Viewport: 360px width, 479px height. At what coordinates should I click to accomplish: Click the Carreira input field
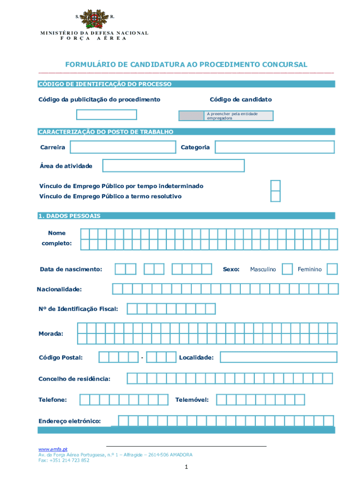pos(122,147)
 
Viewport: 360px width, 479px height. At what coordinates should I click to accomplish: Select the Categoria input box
pos(274,147)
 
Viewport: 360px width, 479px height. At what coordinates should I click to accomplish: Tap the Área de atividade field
pos(173,166)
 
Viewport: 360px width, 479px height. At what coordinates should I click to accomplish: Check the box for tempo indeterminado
pos(276,186)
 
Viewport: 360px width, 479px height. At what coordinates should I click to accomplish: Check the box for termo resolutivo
pos(276,196)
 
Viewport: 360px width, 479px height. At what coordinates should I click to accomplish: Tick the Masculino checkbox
pos(288,269)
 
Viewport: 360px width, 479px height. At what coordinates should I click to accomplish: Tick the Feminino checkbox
pos(332,269)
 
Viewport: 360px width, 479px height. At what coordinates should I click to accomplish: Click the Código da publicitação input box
pos(107,115)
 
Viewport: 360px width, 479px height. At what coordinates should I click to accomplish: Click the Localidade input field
pos(278,357)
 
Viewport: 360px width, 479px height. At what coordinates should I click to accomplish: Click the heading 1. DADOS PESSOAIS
pos(69,216)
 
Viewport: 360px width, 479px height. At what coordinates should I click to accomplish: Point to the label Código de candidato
pos(241,100)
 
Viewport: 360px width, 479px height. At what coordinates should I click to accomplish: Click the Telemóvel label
pos(192,400)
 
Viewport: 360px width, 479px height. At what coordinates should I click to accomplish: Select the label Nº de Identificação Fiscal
pos(78,309)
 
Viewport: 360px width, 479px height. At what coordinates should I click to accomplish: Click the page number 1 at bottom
pos(186,467)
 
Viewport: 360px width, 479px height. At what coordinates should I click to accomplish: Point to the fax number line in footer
pos(64,460)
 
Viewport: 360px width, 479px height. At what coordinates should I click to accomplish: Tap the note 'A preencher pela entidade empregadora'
pos(232,116)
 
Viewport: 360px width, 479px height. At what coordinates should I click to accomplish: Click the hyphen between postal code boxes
pos(142,358)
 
